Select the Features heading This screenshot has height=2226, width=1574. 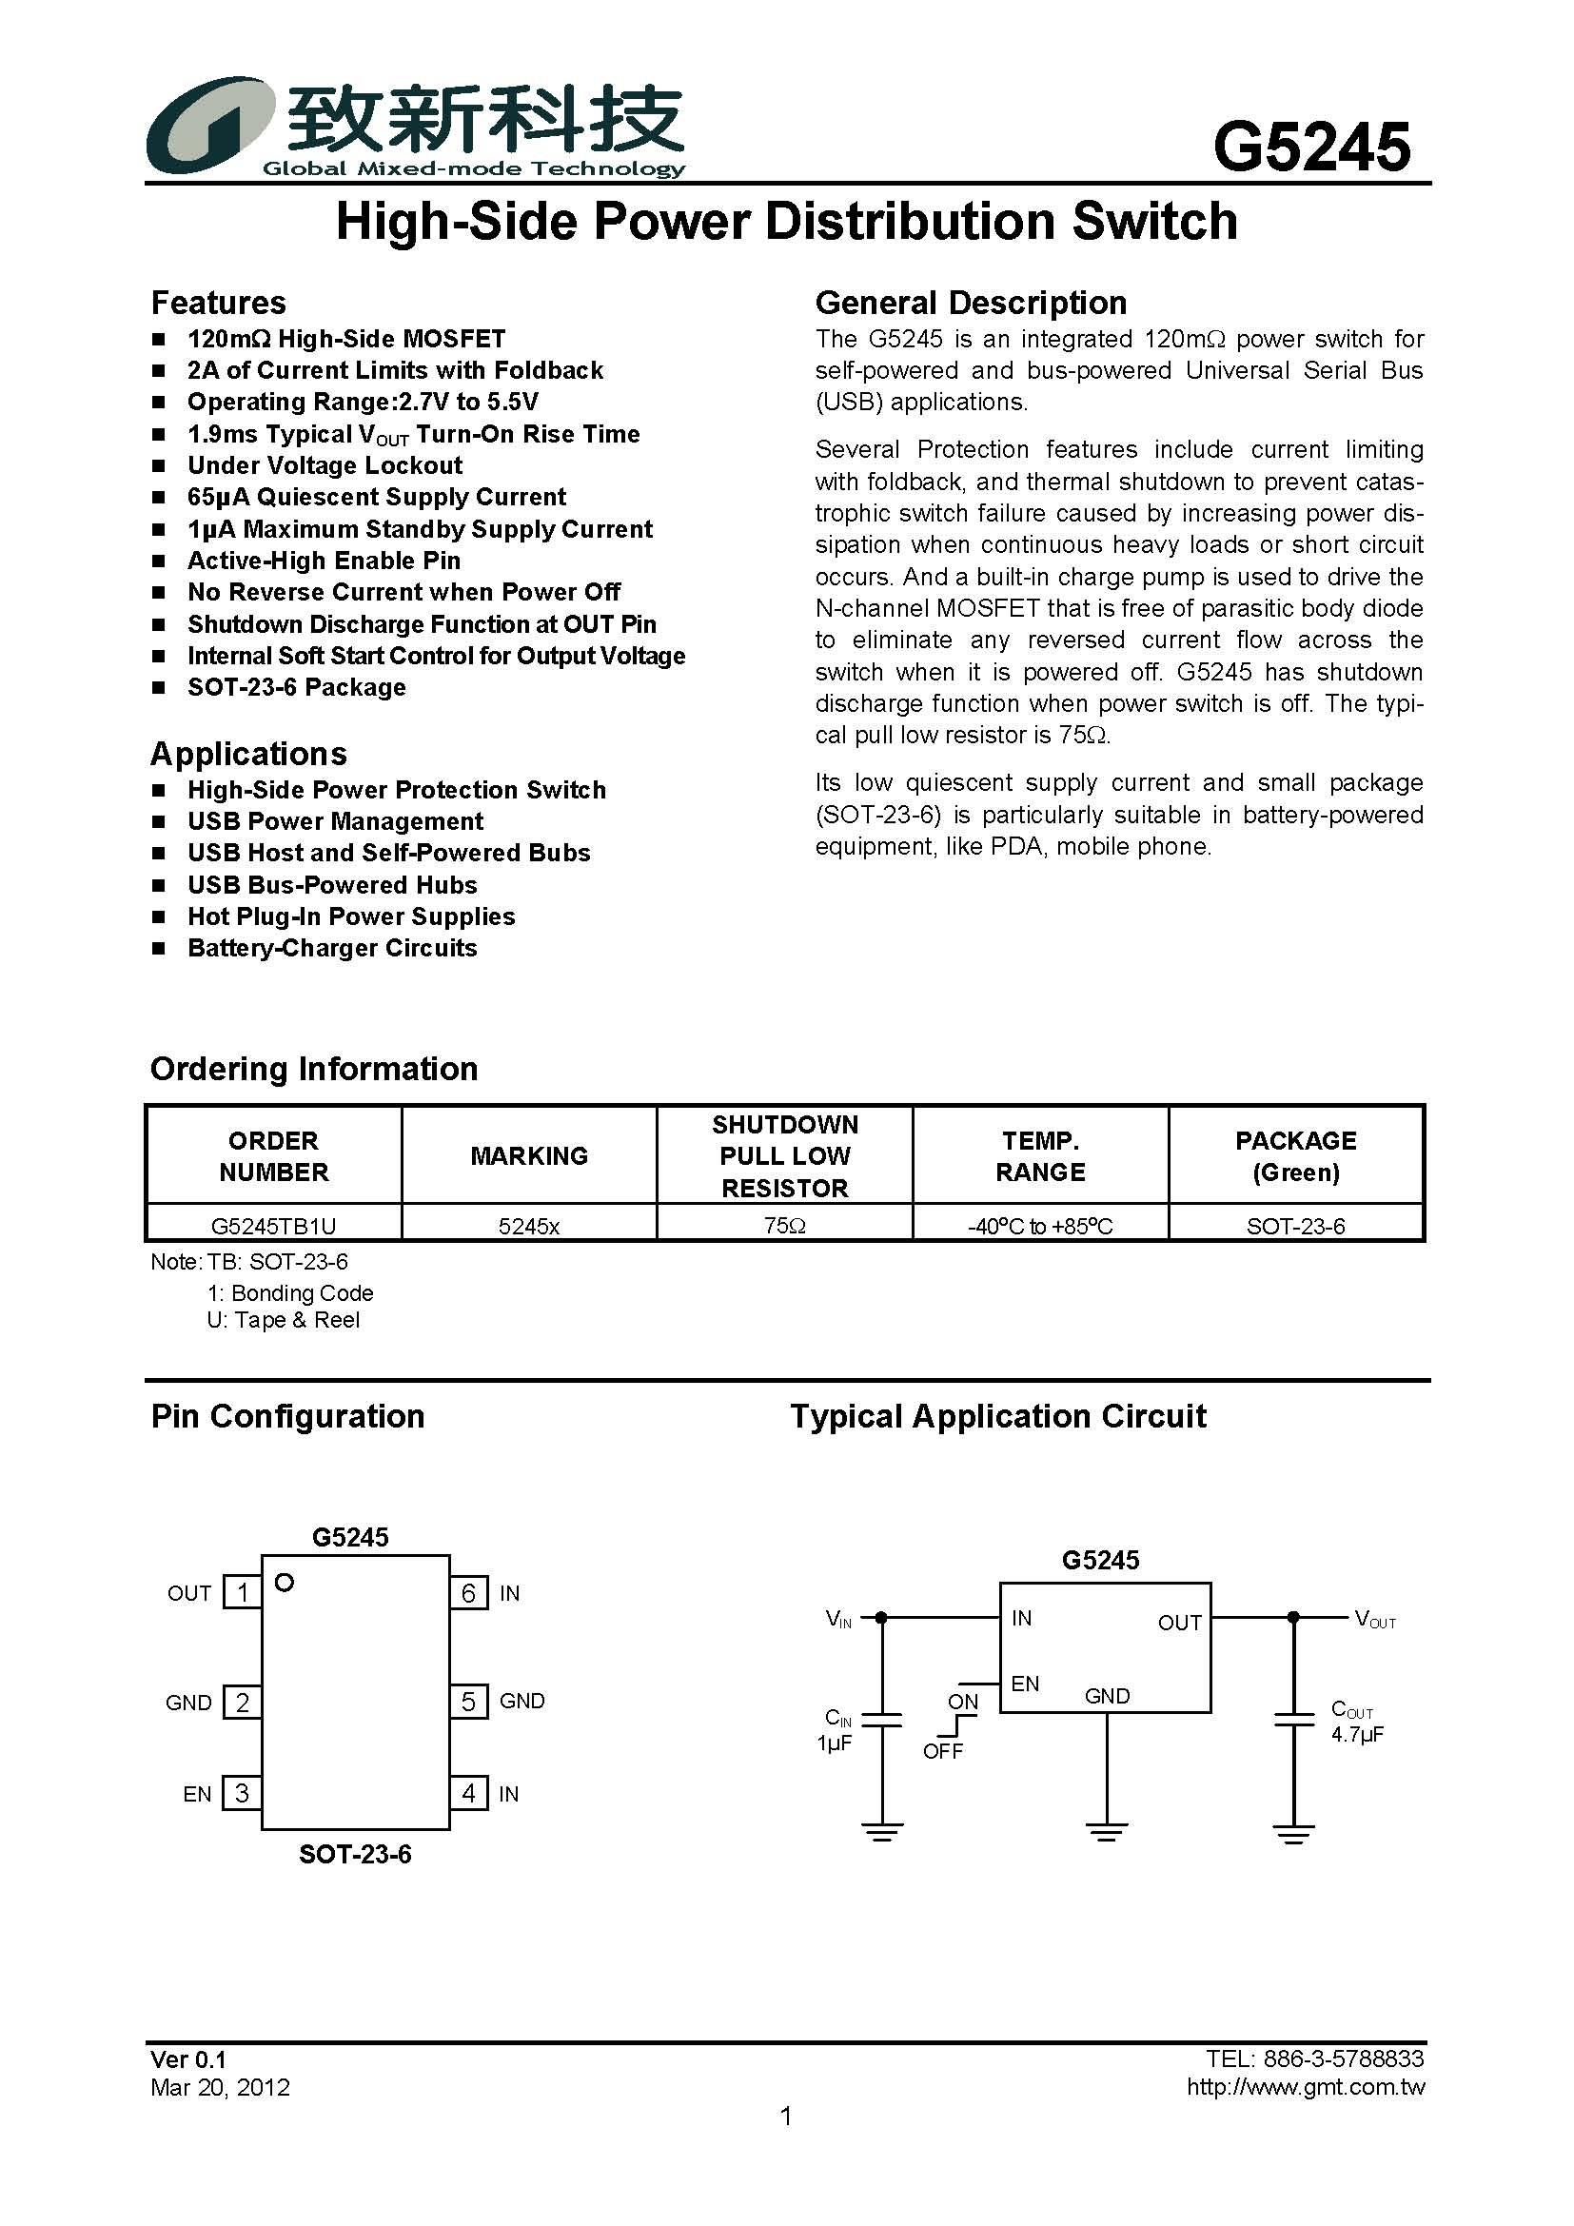tap(218, 303)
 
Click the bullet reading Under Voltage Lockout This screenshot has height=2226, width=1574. tap(325, 465)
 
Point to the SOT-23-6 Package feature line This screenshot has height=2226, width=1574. tap(297, 687)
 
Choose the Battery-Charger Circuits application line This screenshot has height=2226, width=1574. tap(331, 948)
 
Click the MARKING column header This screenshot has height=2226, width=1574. tap(529, 1155)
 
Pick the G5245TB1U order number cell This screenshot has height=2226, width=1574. tap(273, 1226)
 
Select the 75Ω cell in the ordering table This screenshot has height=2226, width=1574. tap(784, 1226)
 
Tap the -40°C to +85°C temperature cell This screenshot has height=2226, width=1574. tap(1040, 1226)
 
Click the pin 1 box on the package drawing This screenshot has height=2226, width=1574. tap(243, 1592)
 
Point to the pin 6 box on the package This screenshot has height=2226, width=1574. tap(469, 1593)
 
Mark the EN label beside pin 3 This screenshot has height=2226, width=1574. tap(197, 1795)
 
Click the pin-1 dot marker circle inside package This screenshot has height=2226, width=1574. tap(284, 1584)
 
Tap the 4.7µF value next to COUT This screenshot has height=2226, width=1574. tap(1357, 1735)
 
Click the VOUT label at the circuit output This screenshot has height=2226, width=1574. tap(1374, 1619)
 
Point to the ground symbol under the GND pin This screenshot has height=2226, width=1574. tap(1107, 1831)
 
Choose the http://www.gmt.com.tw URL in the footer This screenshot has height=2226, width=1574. tap(1306, 2087)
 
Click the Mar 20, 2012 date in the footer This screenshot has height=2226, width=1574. tap(220, 2087)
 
